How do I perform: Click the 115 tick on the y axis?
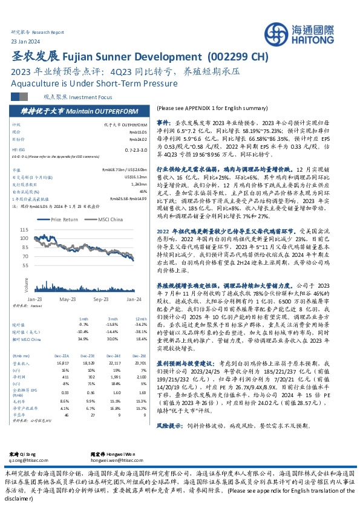click(24, 230)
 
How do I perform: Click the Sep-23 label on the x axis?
click(100, 299)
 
